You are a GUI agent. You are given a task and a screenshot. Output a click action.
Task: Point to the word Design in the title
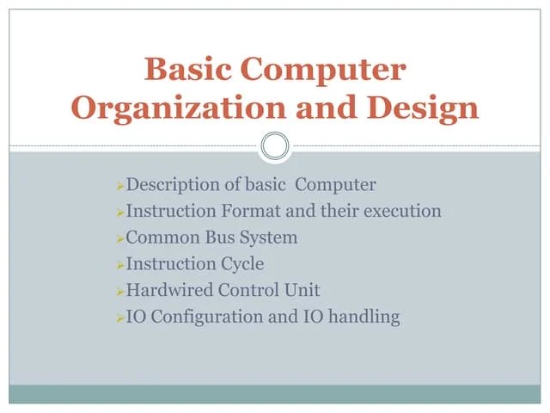pos(426,108)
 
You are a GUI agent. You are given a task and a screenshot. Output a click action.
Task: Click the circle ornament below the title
pos(275,146)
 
